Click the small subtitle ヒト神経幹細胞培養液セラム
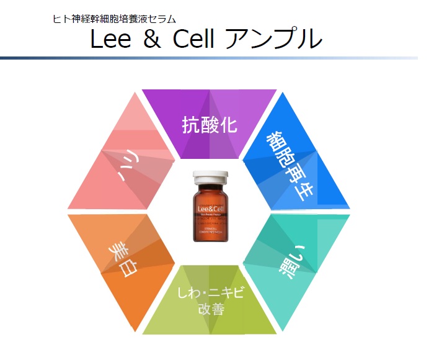tap(114, 19)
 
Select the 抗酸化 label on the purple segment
tap(210, 124)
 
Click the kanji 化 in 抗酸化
tap(228, 124)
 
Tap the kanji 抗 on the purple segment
tap(191, 124)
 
